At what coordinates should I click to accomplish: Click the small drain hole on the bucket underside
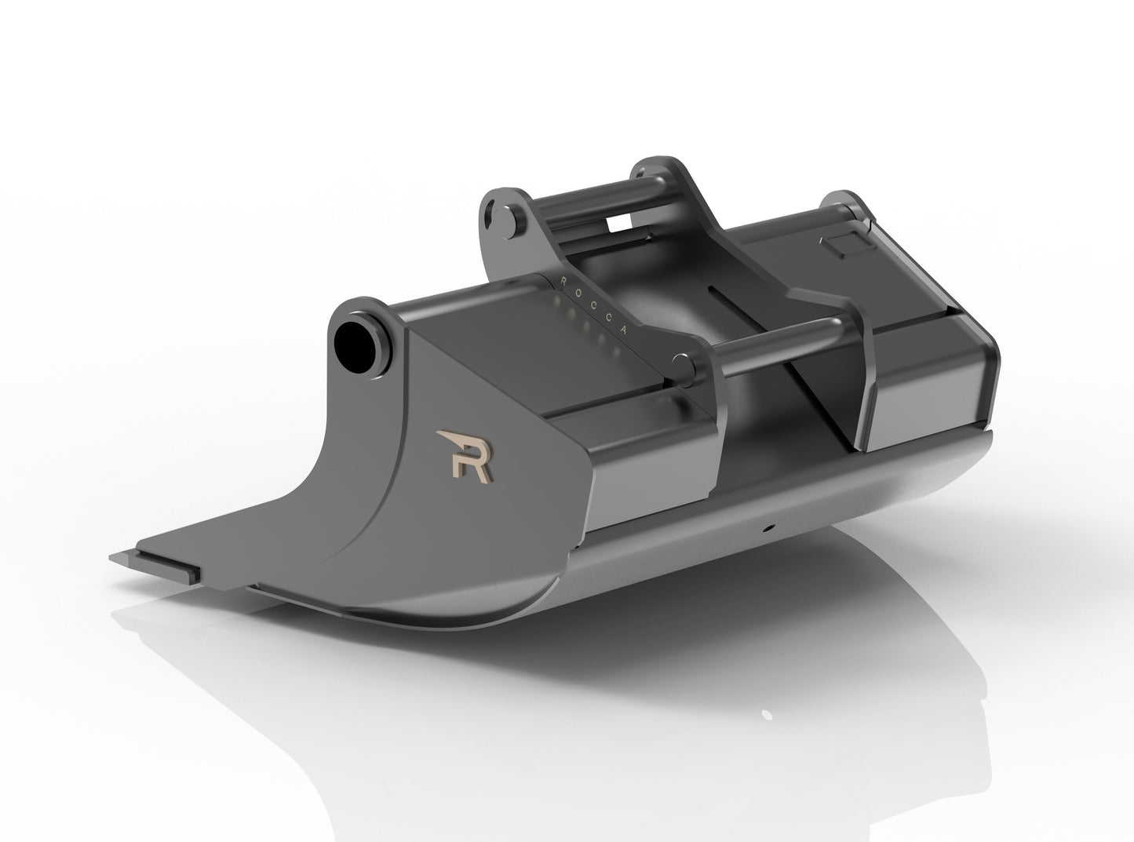772,527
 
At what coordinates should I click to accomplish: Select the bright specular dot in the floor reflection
765,714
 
